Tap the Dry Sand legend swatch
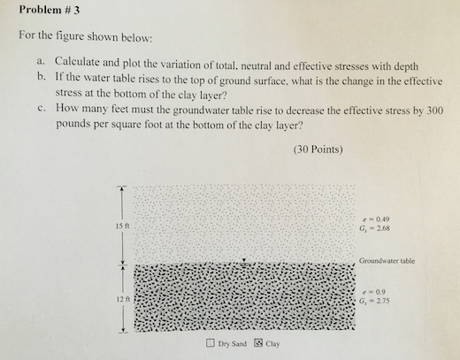(209, 343)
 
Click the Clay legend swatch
(258, 343)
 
